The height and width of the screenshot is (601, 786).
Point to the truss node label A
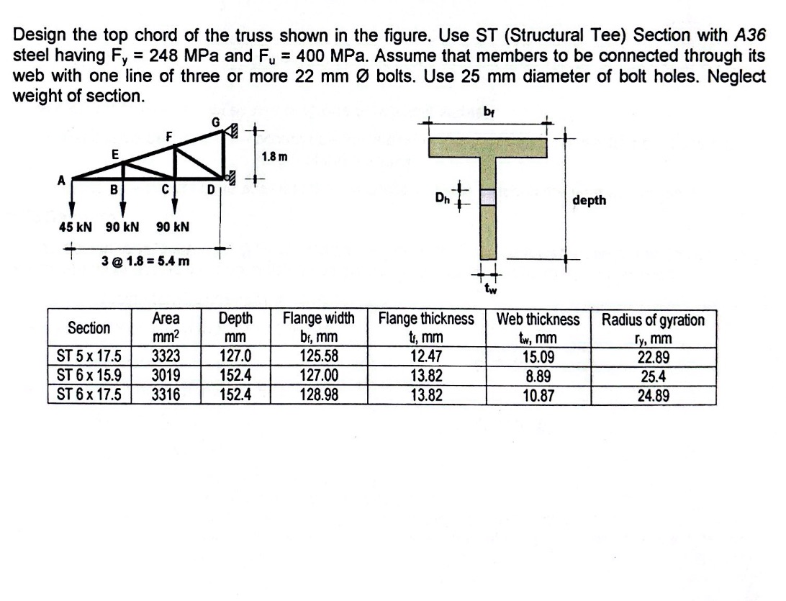(x=62, y=181)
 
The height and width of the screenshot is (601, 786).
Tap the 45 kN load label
(x=76, y=227)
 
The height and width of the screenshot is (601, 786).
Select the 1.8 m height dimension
(x=274, y=156)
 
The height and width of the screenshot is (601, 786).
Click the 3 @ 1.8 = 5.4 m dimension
(x=145, y=260)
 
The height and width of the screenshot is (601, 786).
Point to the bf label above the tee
(x=491, y=112)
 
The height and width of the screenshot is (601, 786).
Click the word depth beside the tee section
(x=589, y=201)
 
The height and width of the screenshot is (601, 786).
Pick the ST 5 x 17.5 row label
(x=89, y=355)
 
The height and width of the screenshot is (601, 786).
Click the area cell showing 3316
(x=166, y=394)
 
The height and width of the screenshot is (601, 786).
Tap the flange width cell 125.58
(x=319, y=355)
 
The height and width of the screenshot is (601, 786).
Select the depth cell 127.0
(x=235, y=355)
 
